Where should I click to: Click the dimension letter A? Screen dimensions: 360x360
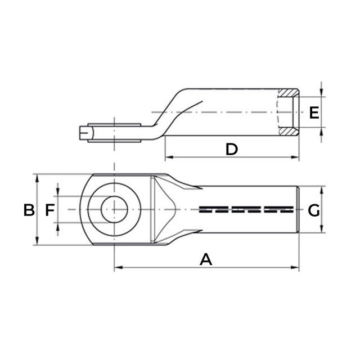point(206,259)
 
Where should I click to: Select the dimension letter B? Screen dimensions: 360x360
point(29,210)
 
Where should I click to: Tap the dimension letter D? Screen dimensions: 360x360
point(231,149)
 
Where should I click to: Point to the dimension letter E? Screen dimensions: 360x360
point(314,112)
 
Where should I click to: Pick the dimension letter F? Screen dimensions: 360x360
point(49,210)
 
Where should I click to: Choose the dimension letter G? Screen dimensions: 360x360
point(314,210)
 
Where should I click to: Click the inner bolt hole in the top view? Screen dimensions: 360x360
point(114,209)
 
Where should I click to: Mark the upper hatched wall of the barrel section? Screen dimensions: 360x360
point(289,92)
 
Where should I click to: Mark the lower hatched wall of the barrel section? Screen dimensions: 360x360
point(289,132)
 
